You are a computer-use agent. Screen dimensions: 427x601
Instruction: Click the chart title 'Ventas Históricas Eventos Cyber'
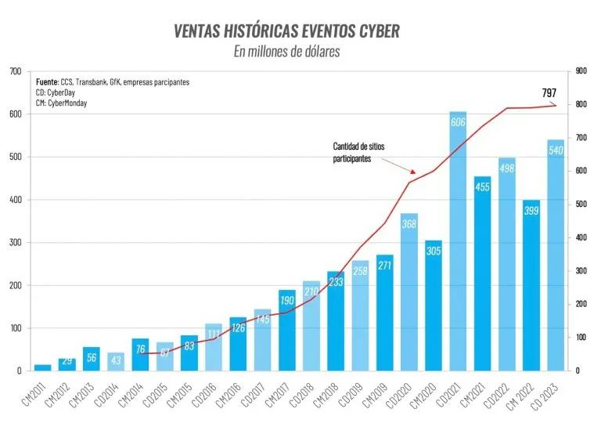point(286,31)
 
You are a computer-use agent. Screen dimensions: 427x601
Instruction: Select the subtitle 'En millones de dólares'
point(286,51)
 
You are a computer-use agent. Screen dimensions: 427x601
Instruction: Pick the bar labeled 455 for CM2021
point(483,274)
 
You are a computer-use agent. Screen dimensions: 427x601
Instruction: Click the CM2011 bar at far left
point(43,367)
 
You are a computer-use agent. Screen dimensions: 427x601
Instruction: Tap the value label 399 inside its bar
point(531,212)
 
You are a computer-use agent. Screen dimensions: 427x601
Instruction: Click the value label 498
point(507,169)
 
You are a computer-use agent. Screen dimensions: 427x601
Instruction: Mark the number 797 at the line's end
point(549,92)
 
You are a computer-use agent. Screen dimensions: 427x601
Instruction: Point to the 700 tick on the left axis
point(15,71)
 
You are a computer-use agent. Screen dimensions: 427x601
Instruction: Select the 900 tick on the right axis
point(581,71)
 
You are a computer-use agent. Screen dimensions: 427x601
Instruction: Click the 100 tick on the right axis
point(581,338)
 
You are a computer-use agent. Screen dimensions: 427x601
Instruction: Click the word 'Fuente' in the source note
point(49,82)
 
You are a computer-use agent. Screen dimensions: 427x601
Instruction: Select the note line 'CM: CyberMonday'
point(62,103)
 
